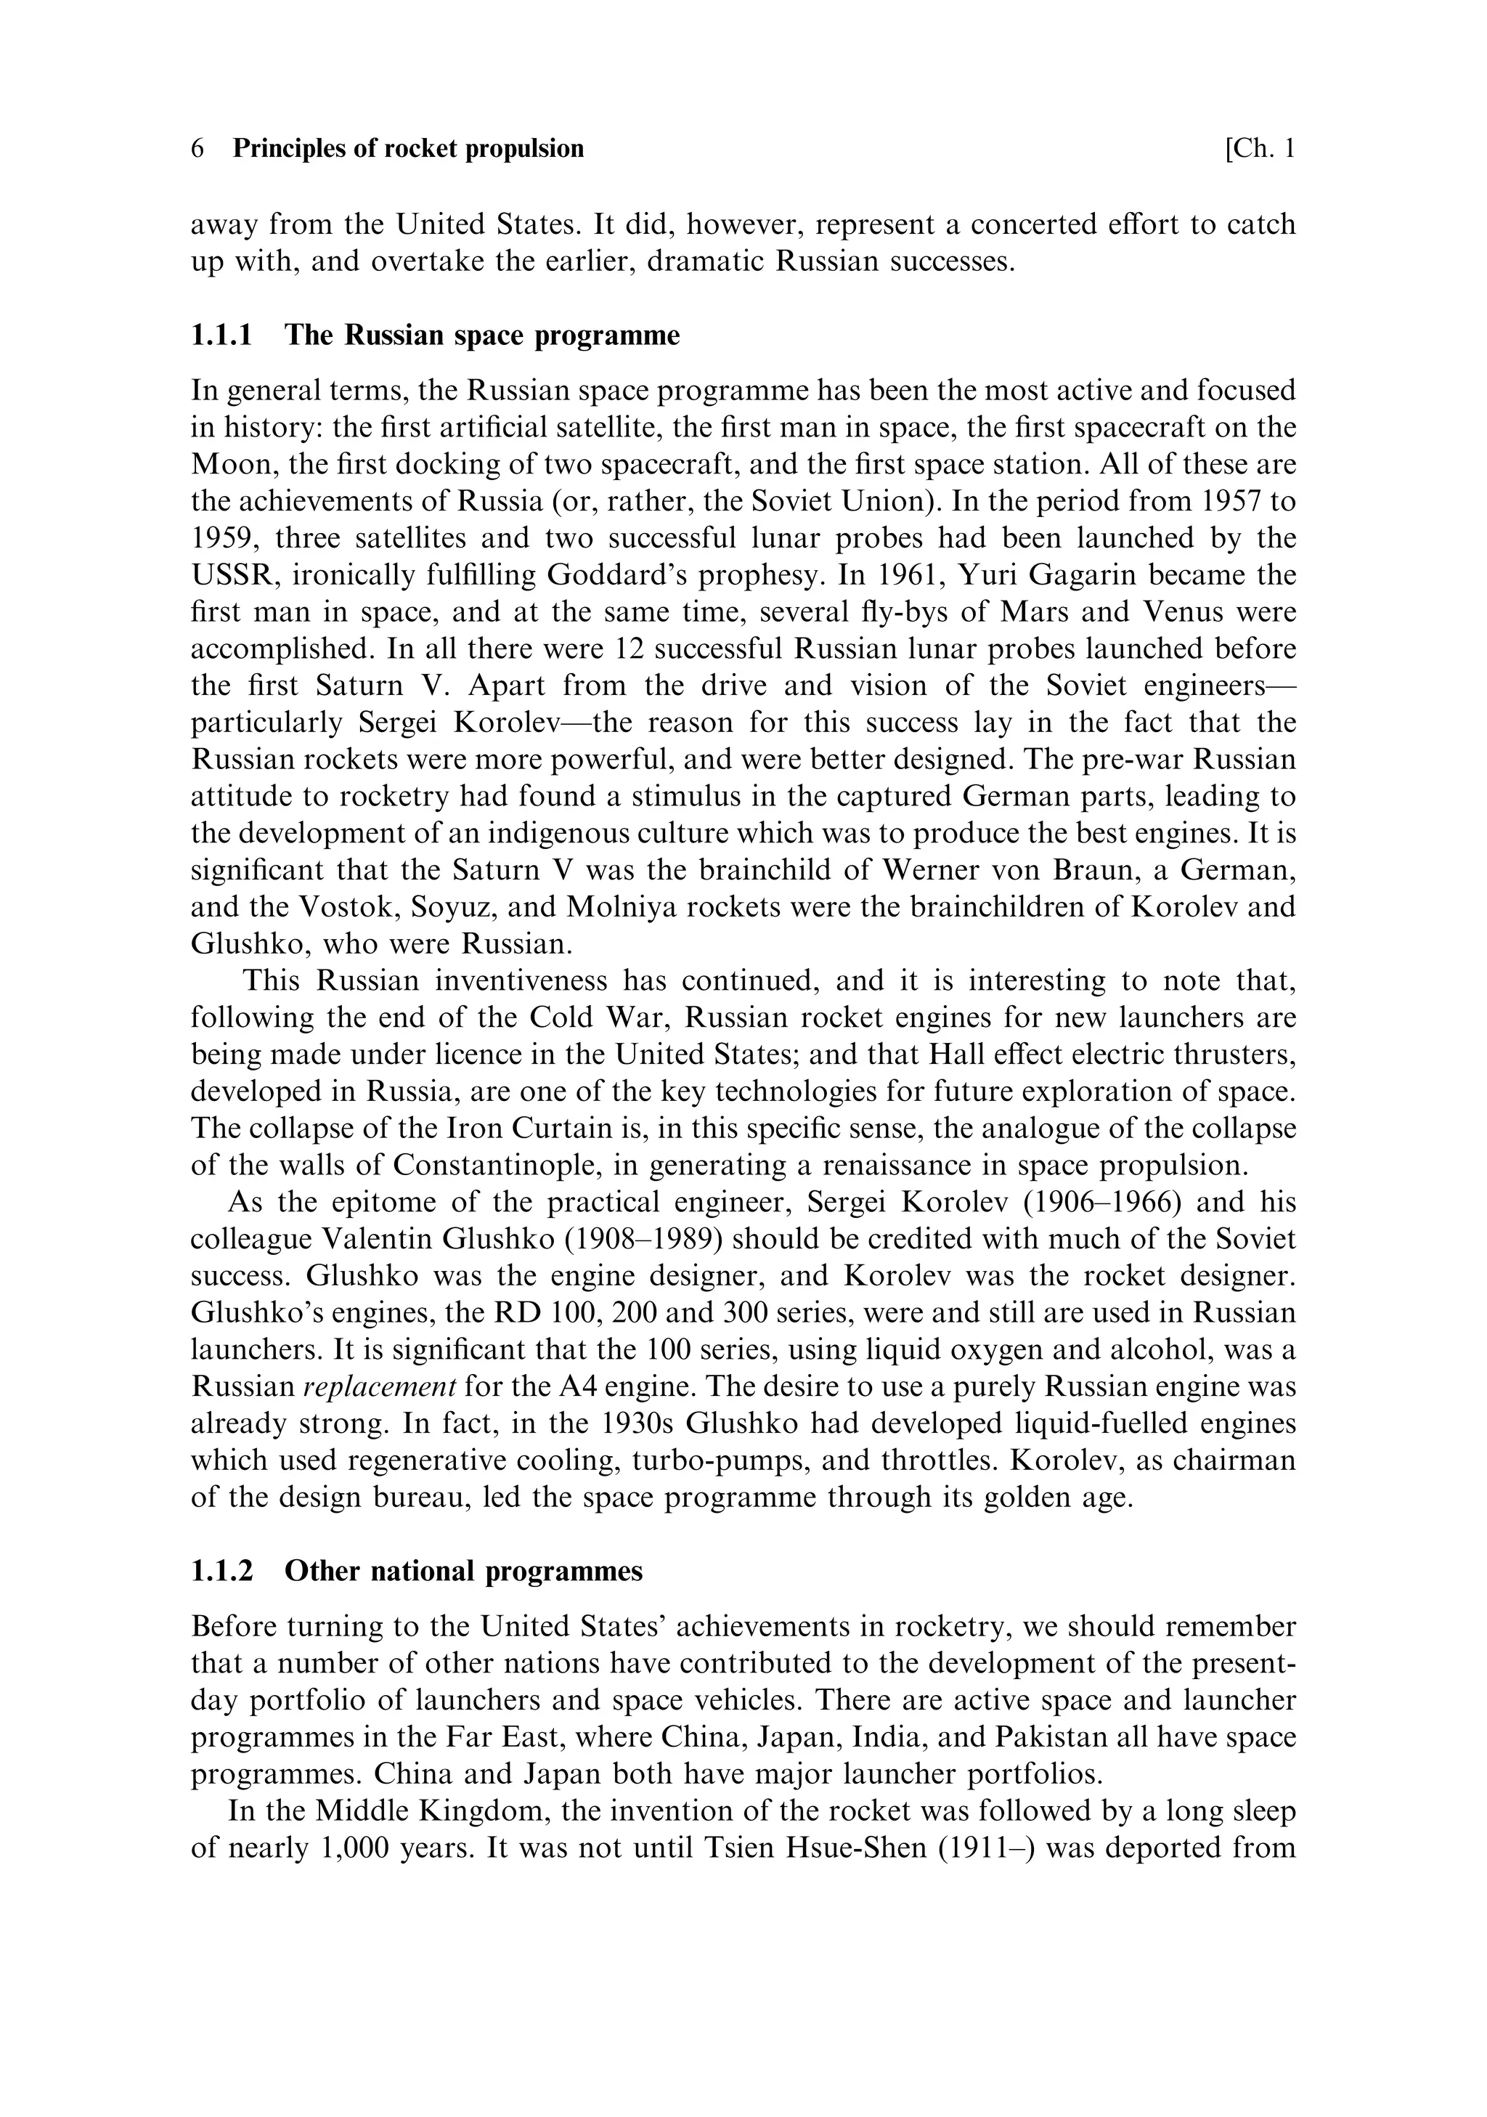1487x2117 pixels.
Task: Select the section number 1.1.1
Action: point(221,335)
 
